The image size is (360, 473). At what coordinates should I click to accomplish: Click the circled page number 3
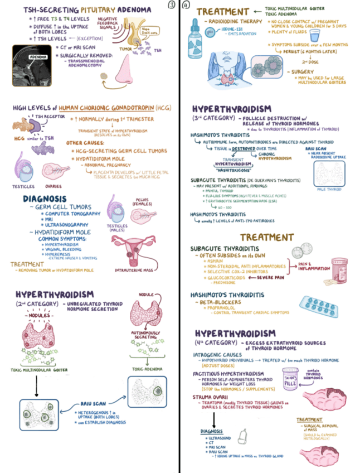coord(172,5)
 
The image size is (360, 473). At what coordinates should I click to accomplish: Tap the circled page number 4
coord(186,5)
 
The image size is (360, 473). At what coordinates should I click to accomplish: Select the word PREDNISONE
coord(218,283)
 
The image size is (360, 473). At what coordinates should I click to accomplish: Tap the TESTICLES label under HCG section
coord(21,186)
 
